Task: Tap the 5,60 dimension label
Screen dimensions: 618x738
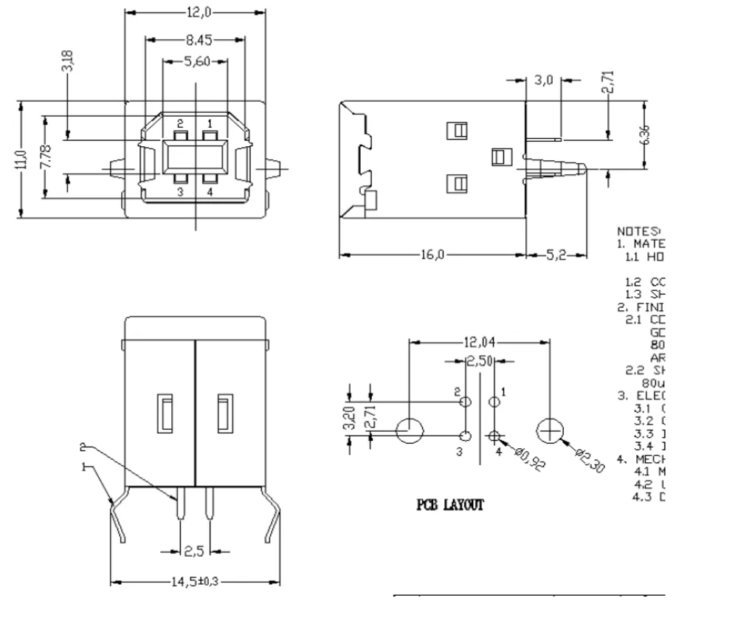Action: [196, 61]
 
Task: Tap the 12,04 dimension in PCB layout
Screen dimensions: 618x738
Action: [480, 342]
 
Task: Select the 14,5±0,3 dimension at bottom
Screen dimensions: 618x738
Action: [195, 581]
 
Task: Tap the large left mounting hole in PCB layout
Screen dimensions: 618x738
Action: [410, 430]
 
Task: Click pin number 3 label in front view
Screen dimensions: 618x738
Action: [179, 192]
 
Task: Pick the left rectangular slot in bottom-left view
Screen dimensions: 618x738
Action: [166, 413]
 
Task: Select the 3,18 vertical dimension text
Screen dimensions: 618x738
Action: [67, 62]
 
